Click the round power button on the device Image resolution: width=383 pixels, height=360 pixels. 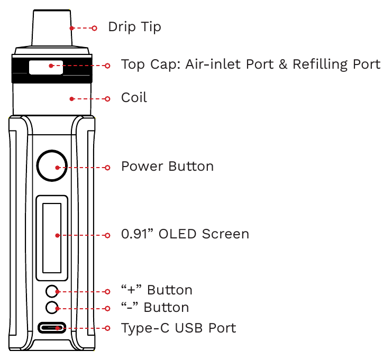[52, 167]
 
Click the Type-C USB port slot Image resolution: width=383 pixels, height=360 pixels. [52, 328]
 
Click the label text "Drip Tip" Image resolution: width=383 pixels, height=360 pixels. [134, 26]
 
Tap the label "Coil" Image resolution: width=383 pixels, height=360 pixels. [134, 98]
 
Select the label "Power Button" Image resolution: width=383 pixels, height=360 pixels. [167, 167]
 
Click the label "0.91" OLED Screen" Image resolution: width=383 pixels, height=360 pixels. [185, 234]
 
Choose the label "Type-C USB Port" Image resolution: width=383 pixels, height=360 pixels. [178, 328]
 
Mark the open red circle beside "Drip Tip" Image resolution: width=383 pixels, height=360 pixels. [94, 28]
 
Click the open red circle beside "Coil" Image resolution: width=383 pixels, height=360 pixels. [107, 98]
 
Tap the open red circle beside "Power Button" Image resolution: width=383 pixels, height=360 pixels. [107, 167]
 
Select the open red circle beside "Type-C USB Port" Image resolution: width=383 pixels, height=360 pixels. [107, 328]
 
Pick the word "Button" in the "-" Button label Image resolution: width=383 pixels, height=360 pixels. [166, 307]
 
